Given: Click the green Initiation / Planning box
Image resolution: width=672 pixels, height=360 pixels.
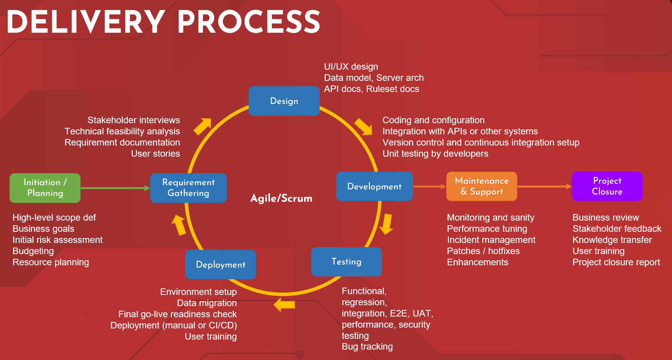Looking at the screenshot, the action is (x=45, y=188).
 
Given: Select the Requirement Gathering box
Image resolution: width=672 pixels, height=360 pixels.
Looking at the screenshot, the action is (x=188, y=188).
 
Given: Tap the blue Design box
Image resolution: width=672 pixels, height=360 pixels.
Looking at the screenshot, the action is (x=284, y=101).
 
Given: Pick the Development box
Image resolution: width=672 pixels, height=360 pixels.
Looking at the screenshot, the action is (x=374, y=186).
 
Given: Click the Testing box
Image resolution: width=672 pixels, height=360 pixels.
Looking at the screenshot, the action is (x=347, y=262).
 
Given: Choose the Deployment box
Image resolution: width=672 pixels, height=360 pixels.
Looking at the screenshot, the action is (x=221, y=265).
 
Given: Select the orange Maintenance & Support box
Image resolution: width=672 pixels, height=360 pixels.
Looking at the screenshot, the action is (x=482, y=186).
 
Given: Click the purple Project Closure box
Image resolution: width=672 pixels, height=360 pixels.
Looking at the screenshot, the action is (x=607, y=186).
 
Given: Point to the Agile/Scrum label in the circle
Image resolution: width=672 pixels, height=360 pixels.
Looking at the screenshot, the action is (x=282, y=198).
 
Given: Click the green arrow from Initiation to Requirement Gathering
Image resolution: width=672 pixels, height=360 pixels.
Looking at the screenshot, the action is (x=115, y=188).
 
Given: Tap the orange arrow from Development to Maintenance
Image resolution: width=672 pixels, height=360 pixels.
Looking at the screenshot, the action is (x=429, y=186).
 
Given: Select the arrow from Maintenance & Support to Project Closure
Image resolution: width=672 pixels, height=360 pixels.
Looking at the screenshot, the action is (x=545, y=186).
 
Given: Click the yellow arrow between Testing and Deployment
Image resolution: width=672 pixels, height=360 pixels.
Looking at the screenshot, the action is (x=285, y=305).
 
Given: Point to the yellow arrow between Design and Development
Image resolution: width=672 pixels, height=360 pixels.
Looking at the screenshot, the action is (x=364, y=127).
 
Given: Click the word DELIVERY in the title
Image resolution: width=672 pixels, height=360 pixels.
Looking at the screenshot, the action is (x=86, y=22).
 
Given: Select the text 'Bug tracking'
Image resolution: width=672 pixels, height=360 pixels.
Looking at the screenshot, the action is (x=367, y=347).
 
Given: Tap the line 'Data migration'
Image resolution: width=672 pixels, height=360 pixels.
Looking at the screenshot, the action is (x=207, y=303).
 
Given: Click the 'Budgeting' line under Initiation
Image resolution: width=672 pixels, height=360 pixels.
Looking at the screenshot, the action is (x=33, y=251).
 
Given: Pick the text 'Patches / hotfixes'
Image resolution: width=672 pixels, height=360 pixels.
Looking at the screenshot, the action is (x=483, y=251).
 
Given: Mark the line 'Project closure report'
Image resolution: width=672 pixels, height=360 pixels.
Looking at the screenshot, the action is (x=616, y=262).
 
